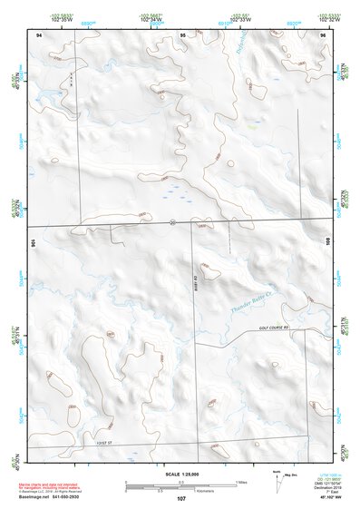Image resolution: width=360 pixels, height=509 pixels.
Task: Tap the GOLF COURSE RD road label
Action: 278,327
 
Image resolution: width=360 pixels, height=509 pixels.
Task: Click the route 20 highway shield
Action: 171,220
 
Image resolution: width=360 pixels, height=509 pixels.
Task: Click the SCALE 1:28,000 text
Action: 180,474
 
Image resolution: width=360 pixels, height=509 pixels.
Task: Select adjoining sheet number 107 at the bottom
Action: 180,498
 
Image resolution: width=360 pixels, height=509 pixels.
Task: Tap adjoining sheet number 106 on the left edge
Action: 34,242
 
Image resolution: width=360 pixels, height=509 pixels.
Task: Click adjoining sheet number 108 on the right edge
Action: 326,242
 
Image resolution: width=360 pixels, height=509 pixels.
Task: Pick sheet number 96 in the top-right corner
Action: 322,34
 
